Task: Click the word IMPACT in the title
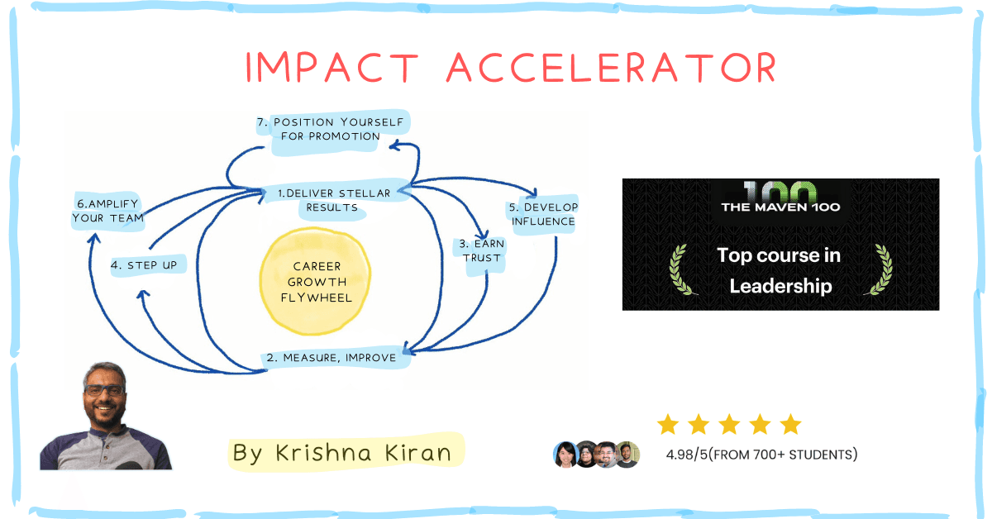click(332, 67)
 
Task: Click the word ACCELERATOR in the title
click(612, 67)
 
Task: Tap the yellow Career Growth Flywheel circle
click(315, 281)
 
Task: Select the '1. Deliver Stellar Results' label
click(334, 200)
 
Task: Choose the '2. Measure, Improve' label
click(331, 357)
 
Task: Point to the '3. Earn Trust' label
click(481, 251)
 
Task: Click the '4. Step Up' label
click(144, 265)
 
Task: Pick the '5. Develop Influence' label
click(543, 214)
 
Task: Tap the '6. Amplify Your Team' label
click(108, 212)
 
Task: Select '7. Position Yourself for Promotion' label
click(331, 129)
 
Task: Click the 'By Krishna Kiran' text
click(342, 453)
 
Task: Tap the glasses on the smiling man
click(104, 390)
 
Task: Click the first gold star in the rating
click(668, 424)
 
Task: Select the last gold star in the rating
click(791, 424)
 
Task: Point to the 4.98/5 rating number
click(687, 455)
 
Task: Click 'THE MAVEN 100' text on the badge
click(780, 207)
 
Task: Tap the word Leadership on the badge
click(780, 286)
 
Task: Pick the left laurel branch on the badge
click(681, 270)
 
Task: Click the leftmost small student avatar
click(565, 455)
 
